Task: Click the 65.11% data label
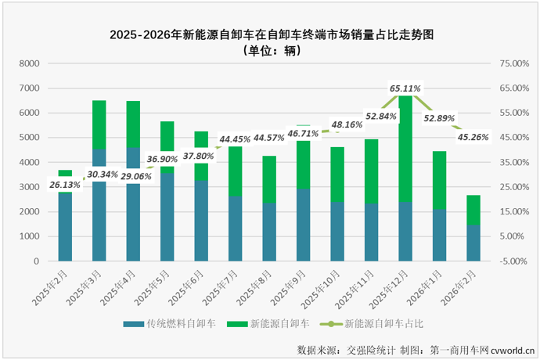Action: pyautogui.click(x=405, y=88)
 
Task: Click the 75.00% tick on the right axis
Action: pyautogui.click(x=513, y=63)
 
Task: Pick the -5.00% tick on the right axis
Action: pyautogui.click(x=513, y=261)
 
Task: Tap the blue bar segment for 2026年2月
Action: pyautogui.click(x=473, y=243)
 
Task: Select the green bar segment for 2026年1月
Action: pyautogui.click(x=439, y=180)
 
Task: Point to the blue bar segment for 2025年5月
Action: pyautogui.click(x=167, y=217)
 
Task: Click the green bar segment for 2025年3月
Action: pyautogui.click(x=99, y=124)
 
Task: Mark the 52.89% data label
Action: pyautogui.click(x=439, y=118)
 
